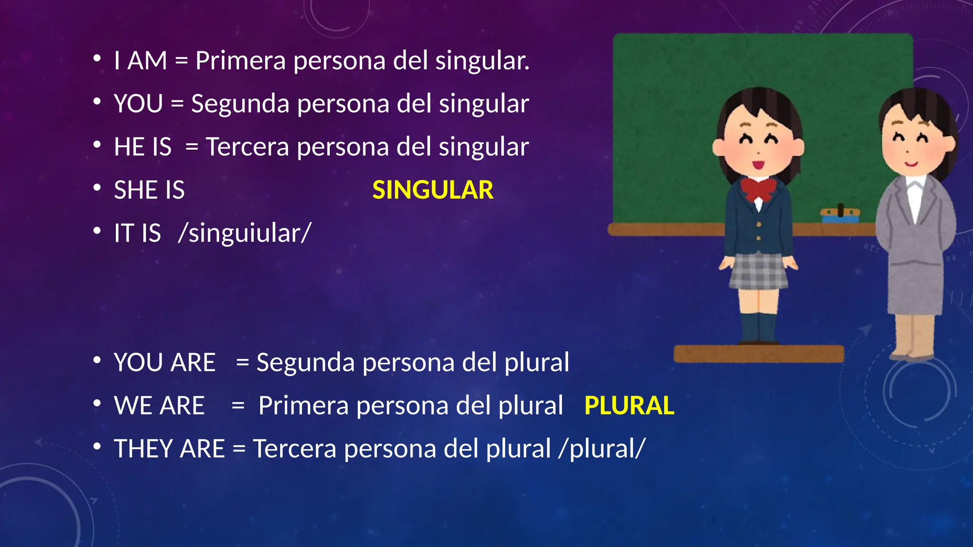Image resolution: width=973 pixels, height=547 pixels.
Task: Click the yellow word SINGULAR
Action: (x=433, y=190)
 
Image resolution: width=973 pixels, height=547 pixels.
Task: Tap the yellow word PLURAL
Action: (x=629, y=406)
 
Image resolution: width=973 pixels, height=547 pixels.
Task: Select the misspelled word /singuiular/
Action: (x=245, y=234)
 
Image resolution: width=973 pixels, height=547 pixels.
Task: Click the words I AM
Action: (x=141, y=61)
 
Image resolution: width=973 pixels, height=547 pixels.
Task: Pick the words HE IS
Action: (x=143, y=147)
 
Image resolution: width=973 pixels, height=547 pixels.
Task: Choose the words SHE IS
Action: (x=149, y=190)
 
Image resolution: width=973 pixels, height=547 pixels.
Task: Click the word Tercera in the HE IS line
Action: (x=247, y=147)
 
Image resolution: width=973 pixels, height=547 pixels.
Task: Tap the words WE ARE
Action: (x=159, y=406)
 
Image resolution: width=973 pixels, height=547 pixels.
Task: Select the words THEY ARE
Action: (x=169, y=449)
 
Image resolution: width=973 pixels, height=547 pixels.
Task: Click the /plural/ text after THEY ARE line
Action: (x=602, y=449)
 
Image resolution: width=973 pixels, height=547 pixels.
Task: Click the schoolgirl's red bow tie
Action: (x=759, y=189)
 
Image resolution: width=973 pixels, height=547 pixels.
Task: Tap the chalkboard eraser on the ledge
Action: (x=840, y=215)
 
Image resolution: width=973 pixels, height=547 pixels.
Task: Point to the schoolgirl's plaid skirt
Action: (x=758, y=271)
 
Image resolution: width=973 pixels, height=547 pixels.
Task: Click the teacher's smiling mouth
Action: (x=911, y=164)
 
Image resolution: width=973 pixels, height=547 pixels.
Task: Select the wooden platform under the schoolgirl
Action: (x=759, y=354)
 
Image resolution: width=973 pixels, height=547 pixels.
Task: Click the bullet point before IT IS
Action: (x=97, y=231)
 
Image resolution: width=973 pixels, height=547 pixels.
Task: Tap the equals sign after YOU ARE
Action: (x=242, y=363)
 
